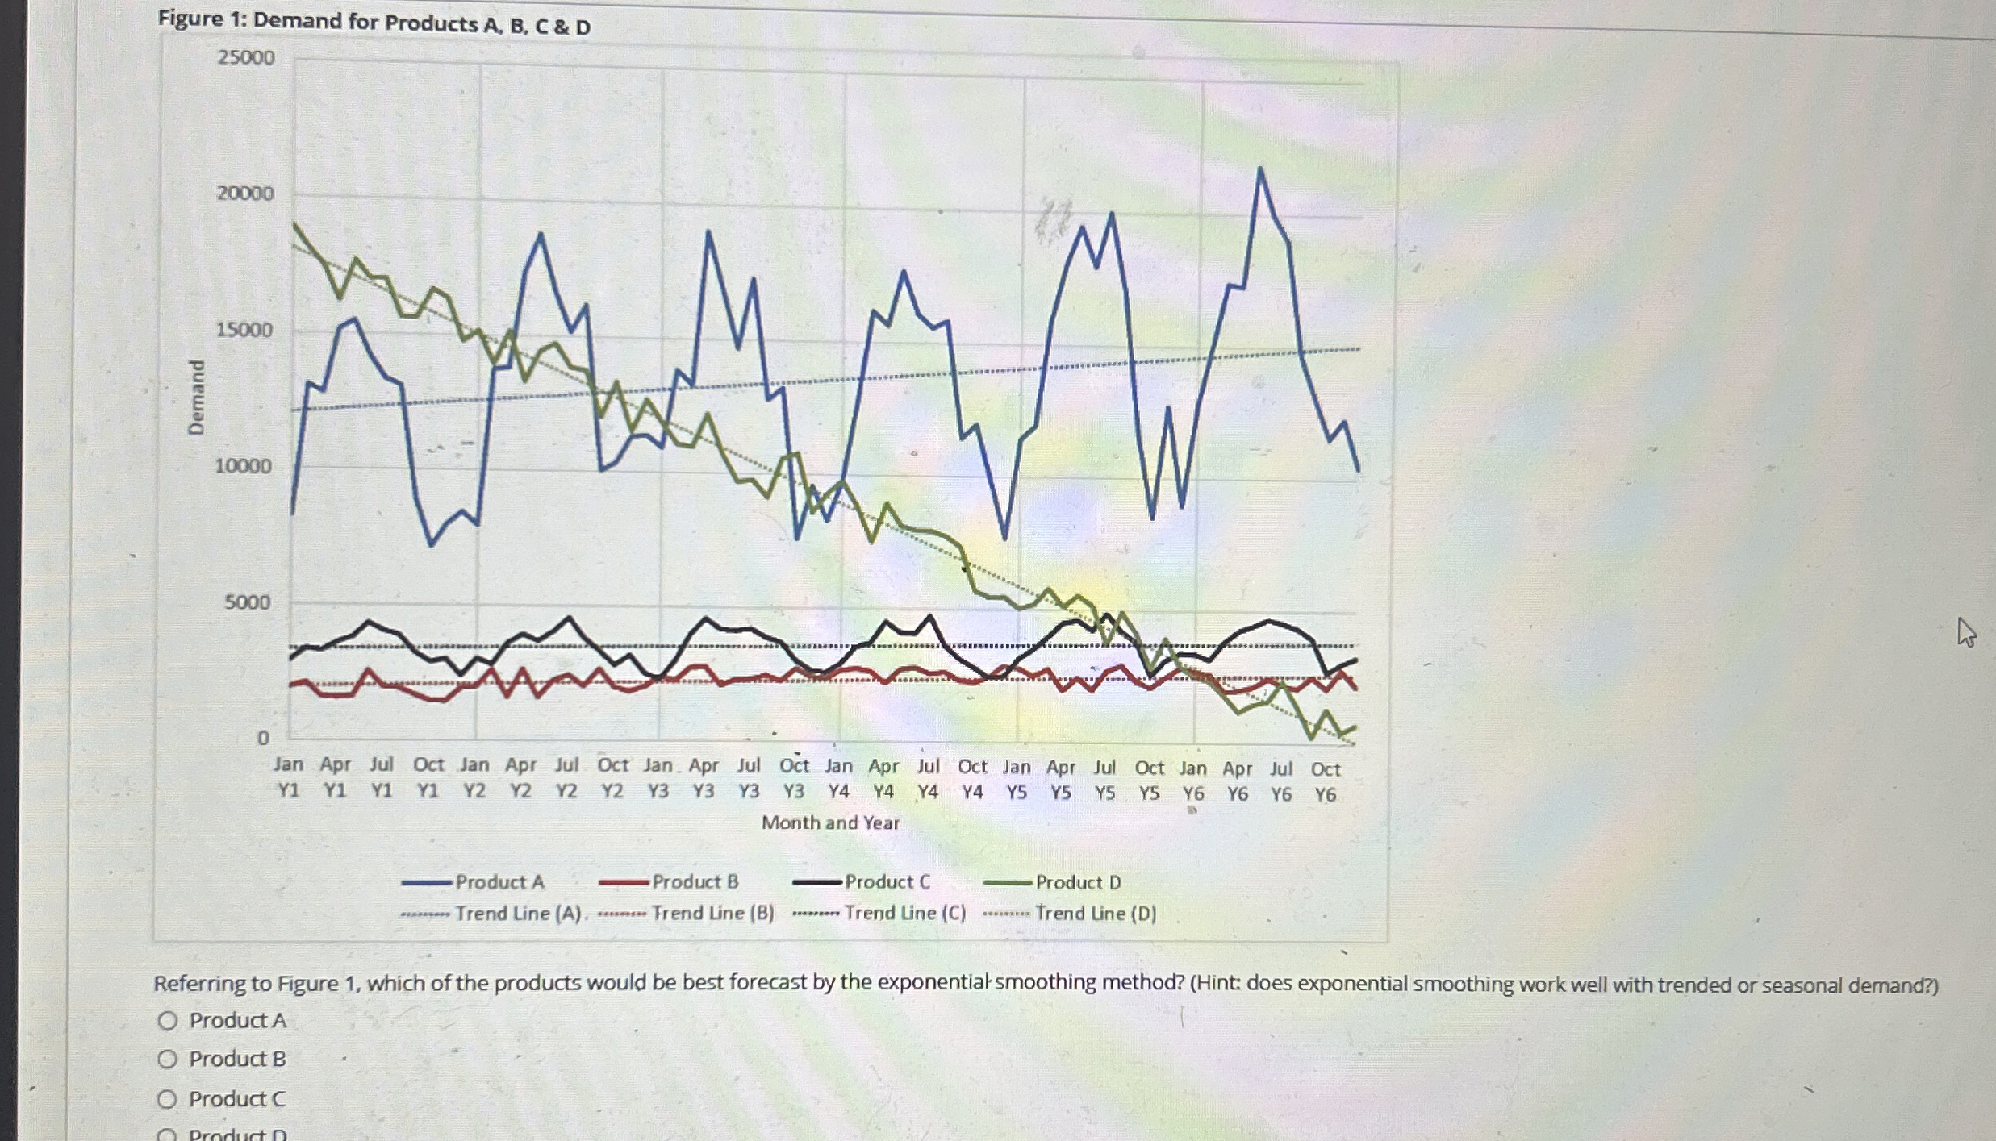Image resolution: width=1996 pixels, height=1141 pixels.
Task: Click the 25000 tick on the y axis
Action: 245,58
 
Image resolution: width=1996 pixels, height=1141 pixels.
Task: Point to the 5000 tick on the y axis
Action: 248,602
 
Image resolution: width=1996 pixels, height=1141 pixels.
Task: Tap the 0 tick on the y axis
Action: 262,738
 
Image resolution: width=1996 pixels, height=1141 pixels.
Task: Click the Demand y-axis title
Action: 196,398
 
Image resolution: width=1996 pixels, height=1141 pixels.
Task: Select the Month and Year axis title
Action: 830,822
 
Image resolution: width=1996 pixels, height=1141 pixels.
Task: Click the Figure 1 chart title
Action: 374,22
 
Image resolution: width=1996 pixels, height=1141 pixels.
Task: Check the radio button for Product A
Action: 168,1021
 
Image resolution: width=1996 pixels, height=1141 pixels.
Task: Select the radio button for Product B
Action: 168,1059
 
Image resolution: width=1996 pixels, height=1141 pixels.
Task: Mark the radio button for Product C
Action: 168,1099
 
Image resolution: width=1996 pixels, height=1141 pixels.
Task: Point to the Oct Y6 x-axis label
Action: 1325,781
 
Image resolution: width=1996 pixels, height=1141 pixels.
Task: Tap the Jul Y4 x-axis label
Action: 928,779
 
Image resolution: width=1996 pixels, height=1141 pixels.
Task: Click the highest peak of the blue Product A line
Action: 1260,169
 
